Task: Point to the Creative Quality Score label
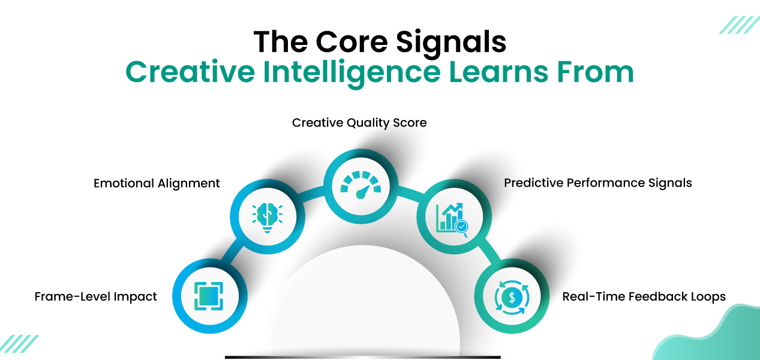(x=359, y=123)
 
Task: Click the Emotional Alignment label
(x=157, y=184)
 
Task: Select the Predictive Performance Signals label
(x=597, y=183)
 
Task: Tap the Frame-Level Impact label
(x=96, y=296)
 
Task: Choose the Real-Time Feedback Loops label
(x=644, y=296)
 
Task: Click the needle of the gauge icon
(x=362, y=191)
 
